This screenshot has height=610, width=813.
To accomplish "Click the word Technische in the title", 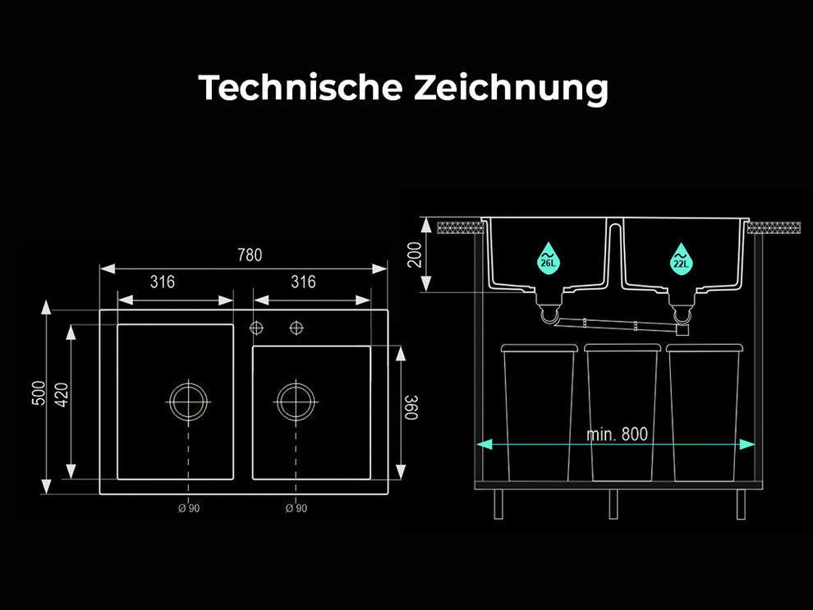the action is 301,87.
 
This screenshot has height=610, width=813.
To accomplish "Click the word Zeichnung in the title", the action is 511,88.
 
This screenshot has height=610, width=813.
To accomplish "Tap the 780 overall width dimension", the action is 250,255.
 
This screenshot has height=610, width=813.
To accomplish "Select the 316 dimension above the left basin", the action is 163,282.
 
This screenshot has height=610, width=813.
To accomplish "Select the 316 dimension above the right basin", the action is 303,282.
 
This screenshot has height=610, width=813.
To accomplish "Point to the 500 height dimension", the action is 39,392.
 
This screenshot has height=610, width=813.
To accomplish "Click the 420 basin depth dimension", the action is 62,395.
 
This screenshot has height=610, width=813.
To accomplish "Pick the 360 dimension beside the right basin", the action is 411,407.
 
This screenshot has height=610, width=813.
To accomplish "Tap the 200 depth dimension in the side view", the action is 414,255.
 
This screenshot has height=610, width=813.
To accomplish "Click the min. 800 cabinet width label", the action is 617,434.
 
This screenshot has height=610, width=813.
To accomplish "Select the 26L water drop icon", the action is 548,258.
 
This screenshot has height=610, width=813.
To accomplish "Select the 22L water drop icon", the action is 681,258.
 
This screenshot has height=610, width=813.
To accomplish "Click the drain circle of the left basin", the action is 189,401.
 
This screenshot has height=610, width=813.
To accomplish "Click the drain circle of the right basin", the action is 296,401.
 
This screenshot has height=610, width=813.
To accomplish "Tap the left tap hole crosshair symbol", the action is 256,328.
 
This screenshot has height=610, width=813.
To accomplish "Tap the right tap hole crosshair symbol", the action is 296,328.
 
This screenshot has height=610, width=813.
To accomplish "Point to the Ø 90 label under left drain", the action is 189,508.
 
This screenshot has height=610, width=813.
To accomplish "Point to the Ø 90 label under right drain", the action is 296,508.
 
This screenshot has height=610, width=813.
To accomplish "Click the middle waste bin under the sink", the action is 622,412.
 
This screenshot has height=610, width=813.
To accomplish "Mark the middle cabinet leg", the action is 613,504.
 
